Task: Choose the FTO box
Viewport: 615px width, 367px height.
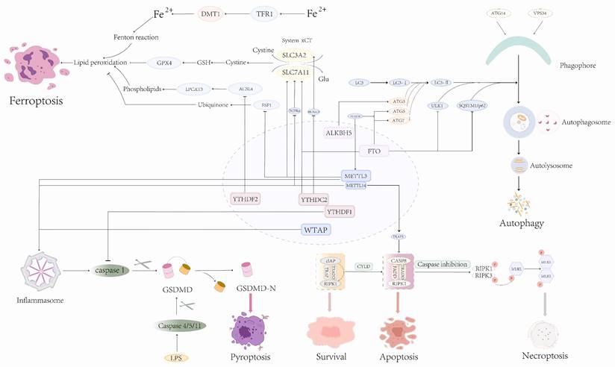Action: [374, 151]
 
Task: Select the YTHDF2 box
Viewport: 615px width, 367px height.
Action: [245, 198]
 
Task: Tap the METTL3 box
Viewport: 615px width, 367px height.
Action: [356, 176]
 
